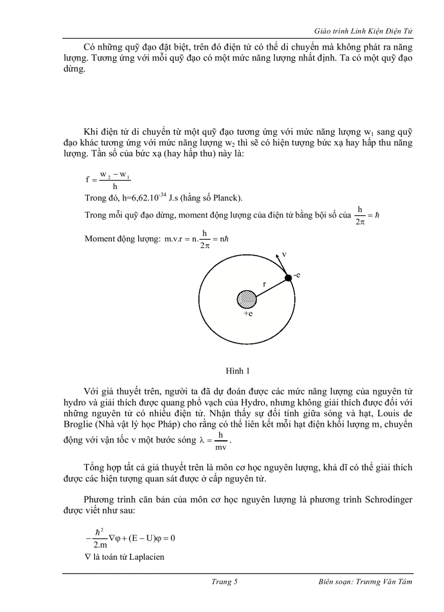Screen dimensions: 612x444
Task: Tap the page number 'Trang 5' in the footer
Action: pos(224,581)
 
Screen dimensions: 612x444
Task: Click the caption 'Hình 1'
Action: pos(237,371)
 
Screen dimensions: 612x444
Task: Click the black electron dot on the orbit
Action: pos(288,278)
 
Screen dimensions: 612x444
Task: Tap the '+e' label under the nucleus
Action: pos(248,314)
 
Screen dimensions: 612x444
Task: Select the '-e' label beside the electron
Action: pos(297,275)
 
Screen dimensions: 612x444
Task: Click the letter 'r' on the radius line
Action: pos(264,283)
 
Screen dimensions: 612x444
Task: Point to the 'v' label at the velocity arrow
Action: pos(284,255)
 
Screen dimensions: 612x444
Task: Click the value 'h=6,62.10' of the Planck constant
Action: pos(127,197)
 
